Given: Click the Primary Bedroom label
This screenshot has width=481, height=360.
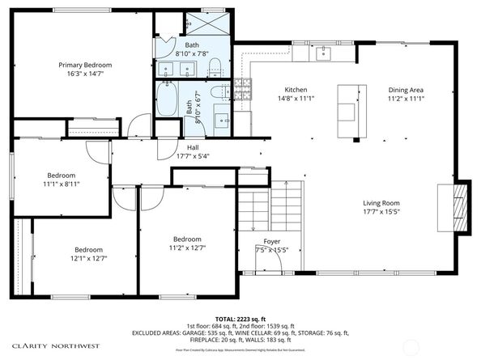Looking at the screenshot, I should [84, 65].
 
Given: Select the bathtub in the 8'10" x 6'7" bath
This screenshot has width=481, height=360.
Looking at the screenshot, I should [170, 102].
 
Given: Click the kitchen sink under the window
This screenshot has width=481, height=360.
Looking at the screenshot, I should [324, 53].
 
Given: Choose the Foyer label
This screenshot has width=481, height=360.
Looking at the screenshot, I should [273, 242].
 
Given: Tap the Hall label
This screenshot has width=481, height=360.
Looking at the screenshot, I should [193, 147].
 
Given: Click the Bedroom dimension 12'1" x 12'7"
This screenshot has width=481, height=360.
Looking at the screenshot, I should [90, 258].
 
